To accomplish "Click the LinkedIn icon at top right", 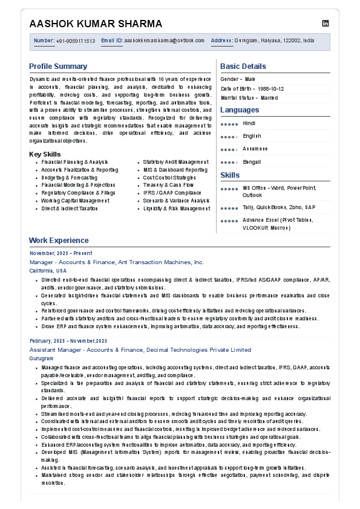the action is point(326,24).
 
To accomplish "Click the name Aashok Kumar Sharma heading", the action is point(96,24).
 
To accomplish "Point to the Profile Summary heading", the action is point(58,66).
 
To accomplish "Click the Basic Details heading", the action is point(243,66).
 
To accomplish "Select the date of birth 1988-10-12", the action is point(262,88).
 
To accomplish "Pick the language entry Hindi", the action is point(249,123).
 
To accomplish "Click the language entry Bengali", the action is point(252,162).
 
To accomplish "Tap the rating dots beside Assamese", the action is point(229,149).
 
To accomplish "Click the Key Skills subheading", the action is point(45,154).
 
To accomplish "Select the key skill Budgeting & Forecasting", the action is point(69,178).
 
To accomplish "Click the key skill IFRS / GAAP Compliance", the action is point(172,193).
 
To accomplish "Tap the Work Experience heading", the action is point(59,241).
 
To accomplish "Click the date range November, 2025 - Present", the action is point(61,253).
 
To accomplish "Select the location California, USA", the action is point(48,271).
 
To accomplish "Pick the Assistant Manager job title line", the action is point(140,349).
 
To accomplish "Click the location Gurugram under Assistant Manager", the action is point(41,358).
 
